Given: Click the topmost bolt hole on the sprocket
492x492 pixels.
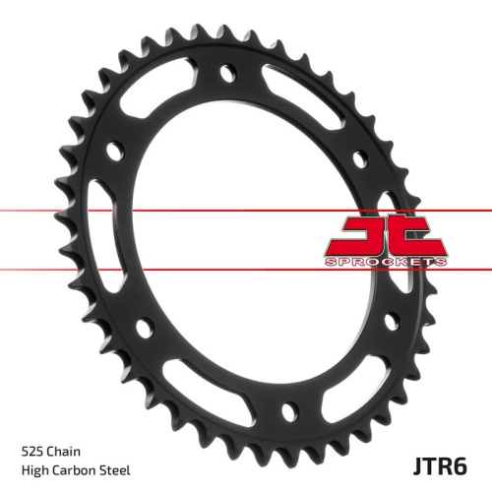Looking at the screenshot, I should point(227,72).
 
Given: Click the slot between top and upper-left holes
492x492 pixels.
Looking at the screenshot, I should point(167,93).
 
